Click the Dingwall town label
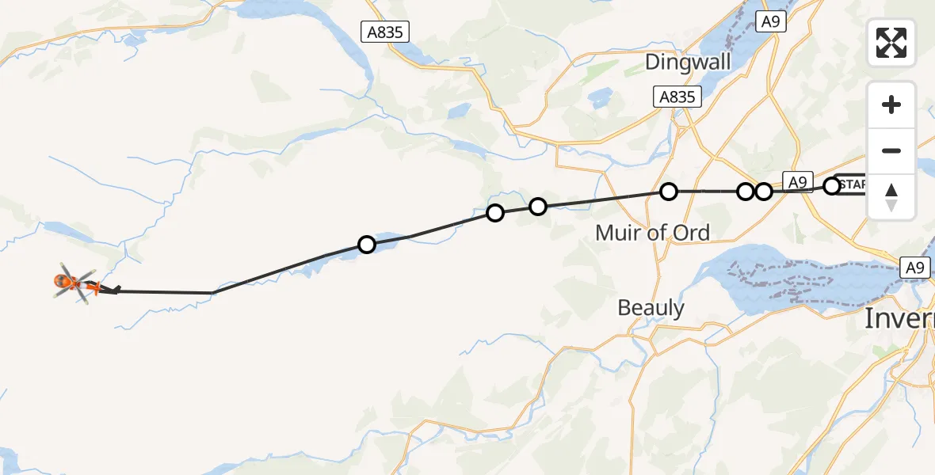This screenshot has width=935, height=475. [687, 62]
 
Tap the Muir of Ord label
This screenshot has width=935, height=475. [652, 232]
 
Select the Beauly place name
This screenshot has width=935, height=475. [651, 307]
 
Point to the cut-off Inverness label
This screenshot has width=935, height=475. [899, 318]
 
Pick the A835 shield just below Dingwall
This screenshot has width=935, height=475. [678, 97]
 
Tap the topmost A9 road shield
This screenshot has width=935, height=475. [770, 21]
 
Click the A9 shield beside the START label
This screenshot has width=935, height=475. [798, 182]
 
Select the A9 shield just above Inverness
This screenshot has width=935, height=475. [915, 268]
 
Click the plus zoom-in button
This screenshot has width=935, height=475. [891, 104]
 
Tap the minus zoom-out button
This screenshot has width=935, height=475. [891, 150]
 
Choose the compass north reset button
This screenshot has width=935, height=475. [891, 197]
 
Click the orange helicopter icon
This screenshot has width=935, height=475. [68, 281]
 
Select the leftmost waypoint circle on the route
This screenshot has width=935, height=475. [366, 245]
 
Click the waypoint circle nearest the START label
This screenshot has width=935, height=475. [831, 186]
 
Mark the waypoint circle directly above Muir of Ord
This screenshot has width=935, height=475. [669, 191]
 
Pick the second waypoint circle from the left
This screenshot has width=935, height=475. [495, 213]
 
